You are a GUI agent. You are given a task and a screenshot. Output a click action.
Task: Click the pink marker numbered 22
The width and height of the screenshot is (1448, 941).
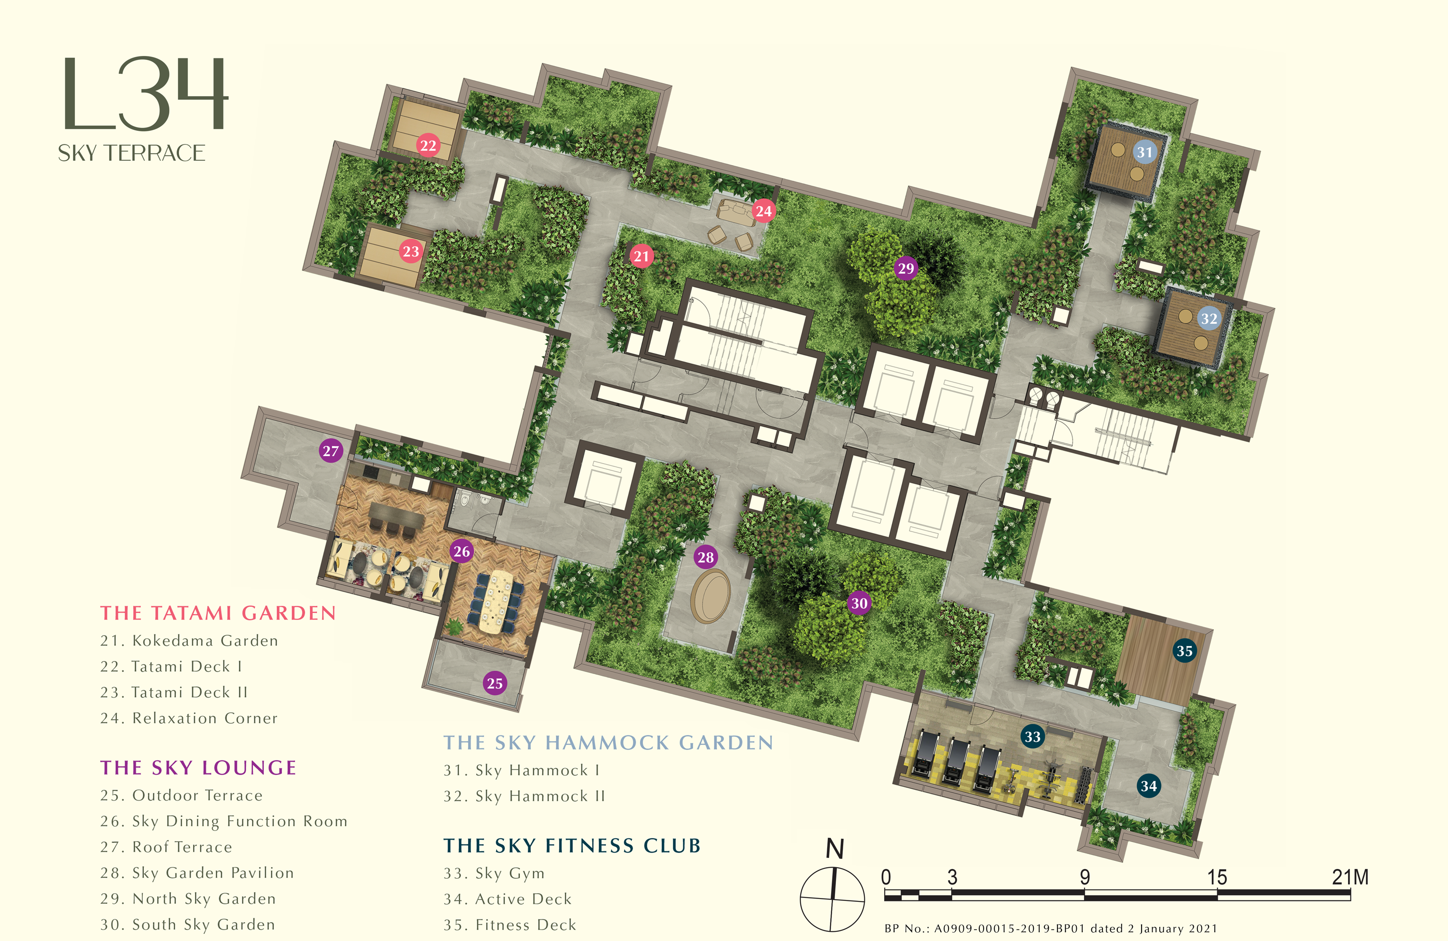pos(428,145)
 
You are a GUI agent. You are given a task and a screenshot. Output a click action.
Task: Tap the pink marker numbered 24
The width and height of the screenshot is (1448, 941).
pos(763,211)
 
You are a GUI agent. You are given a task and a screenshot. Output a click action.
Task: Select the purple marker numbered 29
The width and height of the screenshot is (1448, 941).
pos(906,268)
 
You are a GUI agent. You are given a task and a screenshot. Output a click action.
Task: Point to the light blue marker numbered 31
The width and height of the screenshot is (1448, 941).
pos(1144,152)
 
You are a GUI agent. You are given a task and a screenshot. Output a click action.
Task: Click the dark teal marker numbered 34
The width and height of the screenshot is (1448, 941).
pos(1149,786)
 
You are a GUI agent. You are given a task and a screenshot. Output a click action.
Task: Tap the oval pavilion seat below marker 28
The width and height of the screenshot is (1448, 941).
pos(710,596)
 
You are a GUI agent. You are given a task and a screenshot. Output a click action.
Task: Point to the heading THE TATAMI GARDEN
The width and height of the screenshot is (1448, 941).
pos(218,613)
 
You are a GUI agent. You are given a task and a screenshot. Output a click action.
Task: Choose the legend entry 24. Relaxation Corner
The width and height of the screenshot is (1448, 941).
pos(189,718)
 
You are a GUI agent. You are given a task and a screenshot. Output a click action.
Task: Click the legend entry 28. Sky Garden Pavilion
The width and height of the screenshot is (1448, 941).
pos(197,873)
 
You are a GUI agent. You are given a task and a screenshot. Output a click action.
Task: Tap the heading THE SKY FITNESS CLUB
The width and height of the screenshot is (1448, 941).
pos(572,845)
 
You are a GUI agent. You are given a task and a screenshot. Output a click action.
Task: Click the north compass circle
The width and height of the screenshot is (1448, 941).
pos(832,899)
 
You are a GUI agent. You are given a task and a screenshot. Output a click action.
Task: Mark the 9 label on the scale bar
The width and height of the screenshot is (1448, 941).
pos(1084,877)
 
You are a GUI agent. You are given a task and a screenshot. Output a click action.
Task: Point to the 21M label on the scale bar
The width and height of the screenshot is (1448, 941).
pos(1350,877)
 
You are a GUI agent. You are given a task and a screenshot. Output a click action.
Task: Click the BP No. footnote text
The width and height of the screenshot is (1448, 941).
pos(1051,928)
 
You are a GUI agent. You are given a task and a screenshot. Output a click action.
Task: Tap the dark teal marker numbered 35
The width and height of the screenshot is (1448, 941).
pos(1184,651)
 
